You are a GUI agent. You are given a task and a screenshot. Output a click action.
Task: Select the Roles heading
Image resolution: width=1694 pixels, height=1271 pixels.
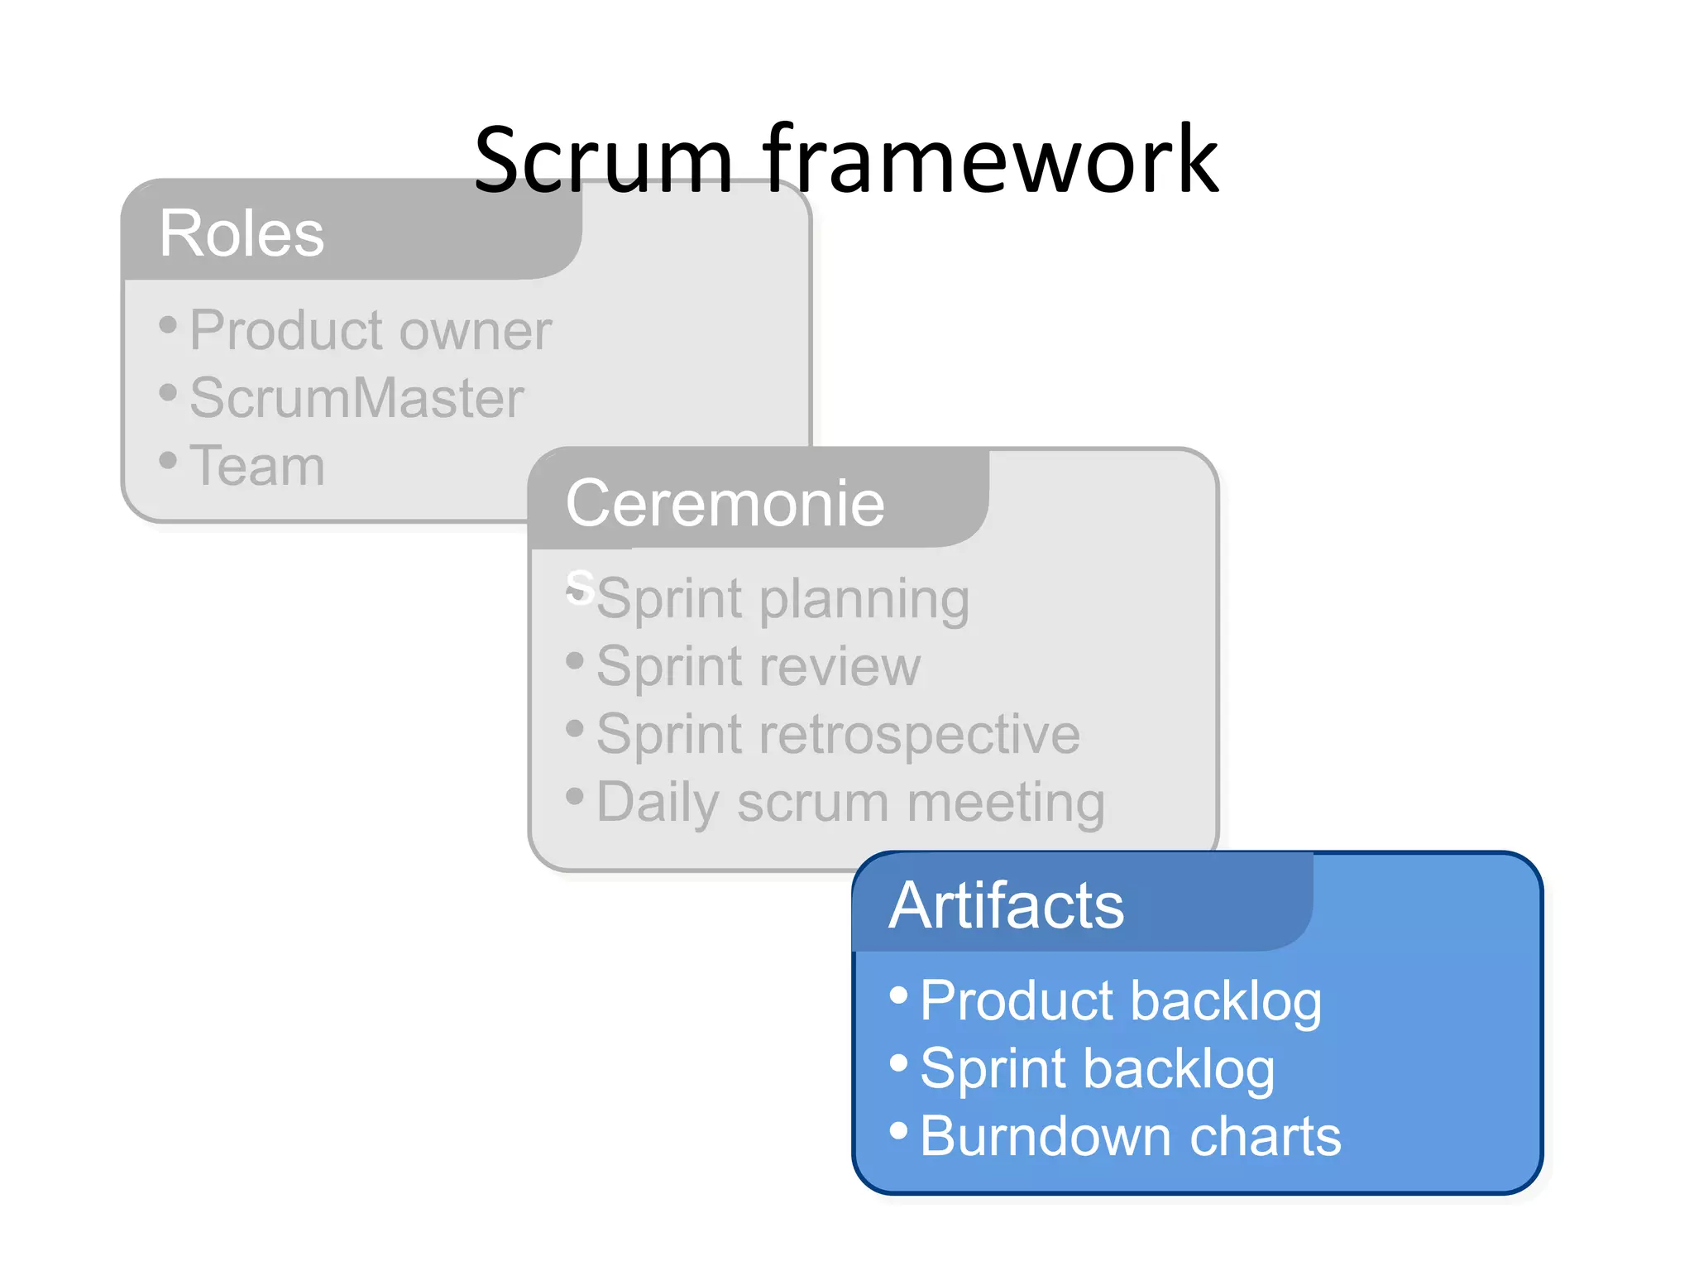click(x=242, y=233)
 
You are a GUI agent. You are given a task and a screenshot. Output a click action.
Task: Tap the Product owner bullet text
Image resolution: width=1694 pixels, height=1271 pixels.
click(x=370, y=330)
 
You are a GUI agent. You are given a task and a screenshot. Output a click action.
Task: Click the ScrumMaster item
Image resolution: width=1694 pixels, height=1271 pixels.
click(x=357, y=398)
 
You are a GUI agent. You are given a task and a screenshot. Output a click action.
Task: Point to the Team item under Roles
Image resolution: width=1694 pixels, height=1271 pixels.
click(x=257, y=465)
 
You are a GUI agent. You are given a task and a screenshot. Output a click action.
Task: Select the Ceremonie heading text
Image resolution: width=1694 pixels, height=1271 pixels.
click(x=725, y=503)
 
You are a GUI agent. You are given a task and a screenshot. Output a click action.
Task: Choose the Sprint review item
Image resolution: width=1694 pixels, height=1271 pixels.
click(x=758, y=666)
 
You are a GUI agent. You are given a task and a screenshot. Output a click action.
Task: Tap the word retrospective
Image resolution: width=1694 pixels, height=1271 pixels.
click(x=919, y=734)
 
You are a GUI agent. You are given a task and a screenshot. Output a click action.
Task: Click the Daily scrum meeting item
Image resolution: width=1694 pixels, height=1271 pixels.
click(x=850, y=802)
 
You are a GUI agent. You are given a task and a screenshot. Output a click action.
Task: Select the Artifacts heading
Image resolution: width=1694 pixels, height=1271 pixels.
click(x=1006, y=905)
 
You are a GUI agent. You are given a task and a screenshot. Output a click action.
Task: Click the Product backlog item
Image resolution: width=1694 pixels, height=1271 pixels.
click(x=1120, y=1000)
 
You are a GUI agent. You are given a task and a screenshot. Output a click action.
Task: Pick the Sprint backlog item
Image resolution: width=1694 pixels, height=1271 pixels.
click(x=1097, y=1068)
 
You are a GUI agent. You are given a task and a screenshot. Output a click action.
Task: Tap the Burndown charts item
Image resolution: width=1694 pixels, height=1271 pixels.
click(x=1130, y=1136)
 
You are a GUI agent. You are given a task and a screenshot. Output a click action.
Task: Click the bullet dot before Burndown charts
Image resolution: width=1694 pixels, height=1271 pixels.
click(x=899, y=1130)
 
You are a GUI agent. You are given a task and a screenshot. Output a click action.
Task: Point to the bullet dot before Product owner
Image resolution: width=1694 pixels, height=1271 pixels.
click(x=168, y=324)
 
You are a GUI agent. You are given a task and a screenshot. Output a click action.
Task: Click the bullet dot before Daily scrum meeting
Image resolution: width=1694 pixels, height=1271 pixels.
click(x=575, y=796)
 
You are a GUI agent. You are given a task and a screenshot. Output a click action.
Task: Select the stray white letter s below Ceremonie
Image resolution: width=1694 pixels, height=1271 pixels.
click(x=581, y=586)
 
